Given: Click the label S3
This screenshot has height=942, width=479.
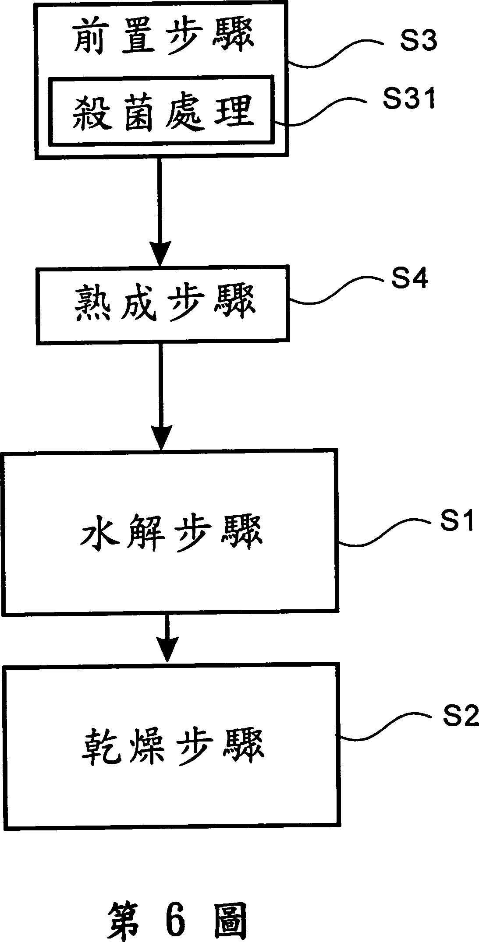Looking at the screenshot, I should click(418, 42).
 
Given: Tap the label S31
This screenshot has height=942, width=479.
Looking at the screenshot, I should click(408, 98).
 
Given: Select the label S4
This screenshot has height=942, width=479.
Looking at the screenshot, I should click(409, 278).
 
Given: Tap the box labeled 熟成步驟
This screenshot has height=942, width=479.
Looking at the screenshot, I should click(163, 304).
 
